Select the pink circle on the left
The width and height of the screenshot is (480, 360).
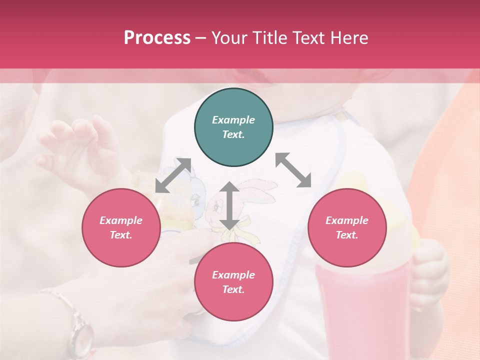[121, 227]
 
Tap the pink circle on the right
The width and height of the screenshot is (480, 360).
[346, 227]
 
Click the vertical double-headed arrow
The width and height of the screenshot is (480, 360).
[229, 205]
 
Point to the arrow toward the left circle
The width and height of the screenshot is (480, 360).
[173, 175]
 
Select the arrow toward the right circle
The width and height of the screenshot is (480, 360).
[293, 170]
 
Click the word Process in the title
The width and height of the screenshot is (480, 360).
[157, 38]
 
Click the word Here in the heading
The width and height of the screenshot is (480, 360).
[350, 38]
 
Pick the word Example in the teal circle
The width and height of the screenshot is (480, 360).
[233, 120]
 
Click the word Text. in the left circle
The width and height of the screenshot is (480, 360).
[121, 235]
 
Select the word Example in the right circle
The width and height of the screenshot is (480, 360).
[346, 220]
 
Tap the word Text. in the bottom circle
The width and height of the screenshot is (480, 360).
[233, 289]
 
